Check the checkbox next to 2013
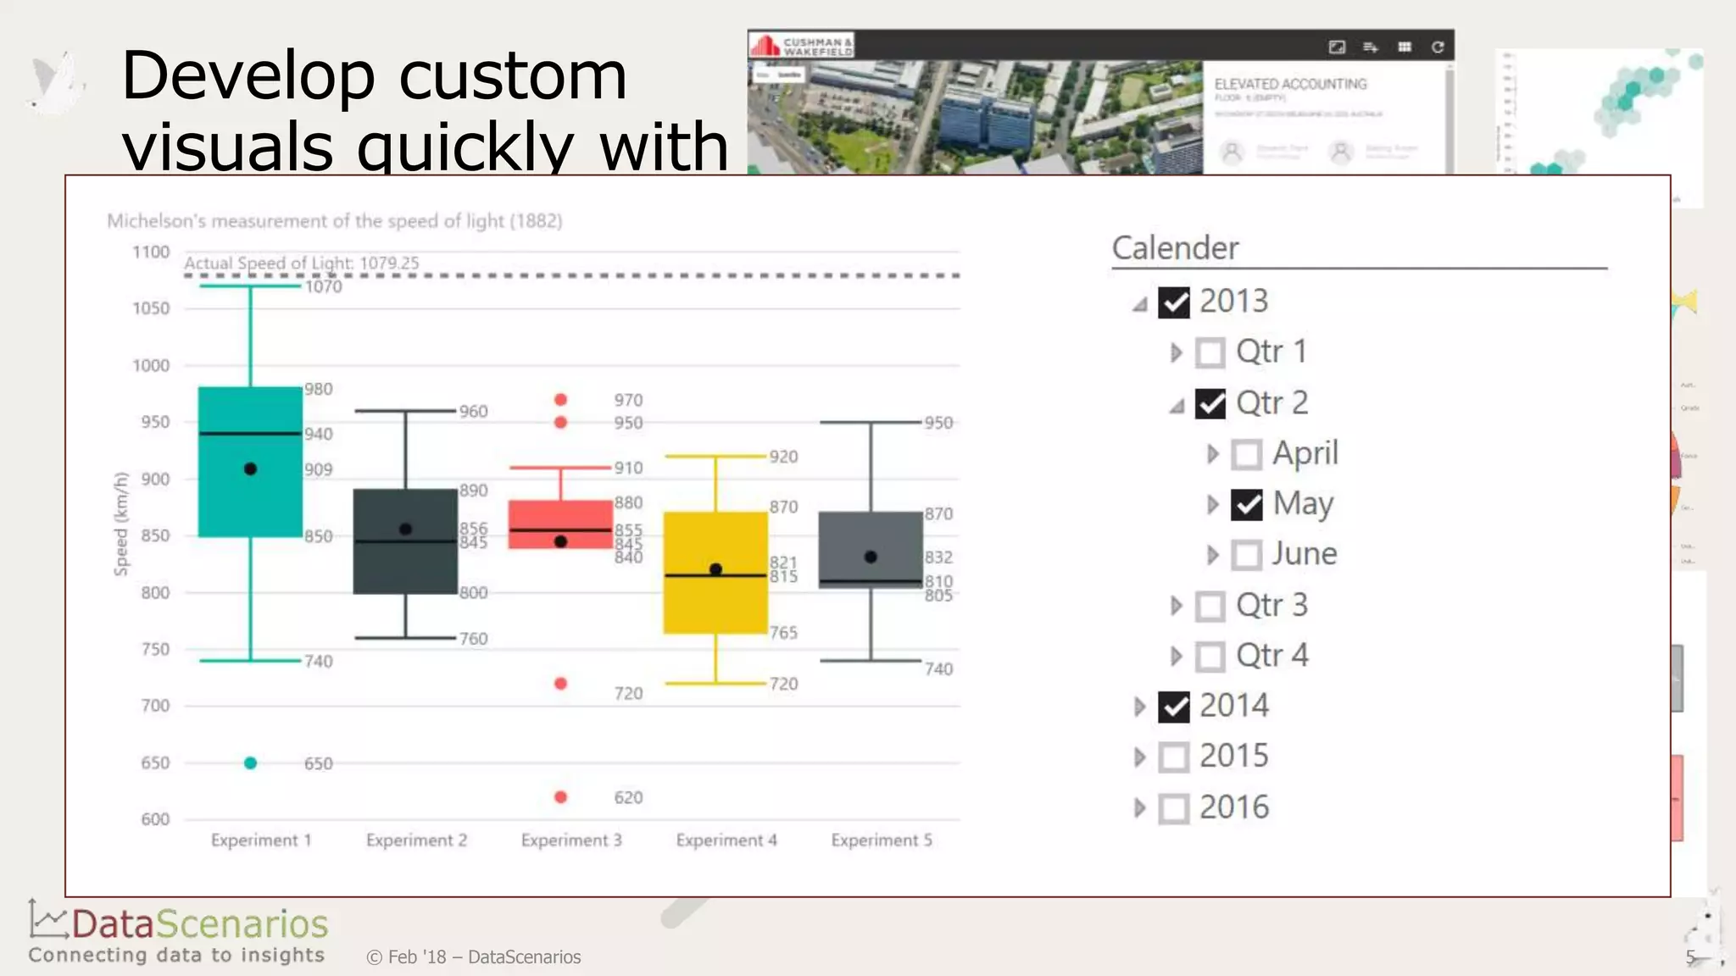click(x=1174, y=302)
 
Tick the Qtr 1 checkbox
click(x=1210, y=352)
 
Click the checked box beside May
click(x=1247, y=505)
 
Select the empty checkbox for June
click(x=1247, y=555)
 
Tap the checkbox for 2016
click(x=1174, y=808)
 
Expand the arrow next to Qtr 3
click(x=1176, y=606)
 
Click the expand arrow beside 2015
click(x=1139, y=757)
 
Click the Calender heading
click(x=1175, y=248)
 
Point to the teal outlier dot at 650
click(x=250, y=763)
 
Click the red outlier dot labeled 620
click(x=560, y=797)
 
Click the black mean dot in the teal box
click(x=250, y=469)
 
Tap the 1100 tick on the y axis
click(x=151, y=252)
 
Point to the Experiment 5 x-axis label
click(x=882, y=840)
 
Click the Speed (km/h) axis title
click(x=121, y=524)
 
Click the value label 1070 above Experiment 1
click(x=324, y=287)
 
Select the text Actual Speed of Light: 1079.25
click(x=302, y=263)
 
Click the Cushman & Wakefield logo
click(x=801, y=45)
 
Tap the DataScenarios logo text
click(x=200, y=924)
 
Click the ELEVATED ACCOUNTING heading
click(x=1290, y=84)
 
